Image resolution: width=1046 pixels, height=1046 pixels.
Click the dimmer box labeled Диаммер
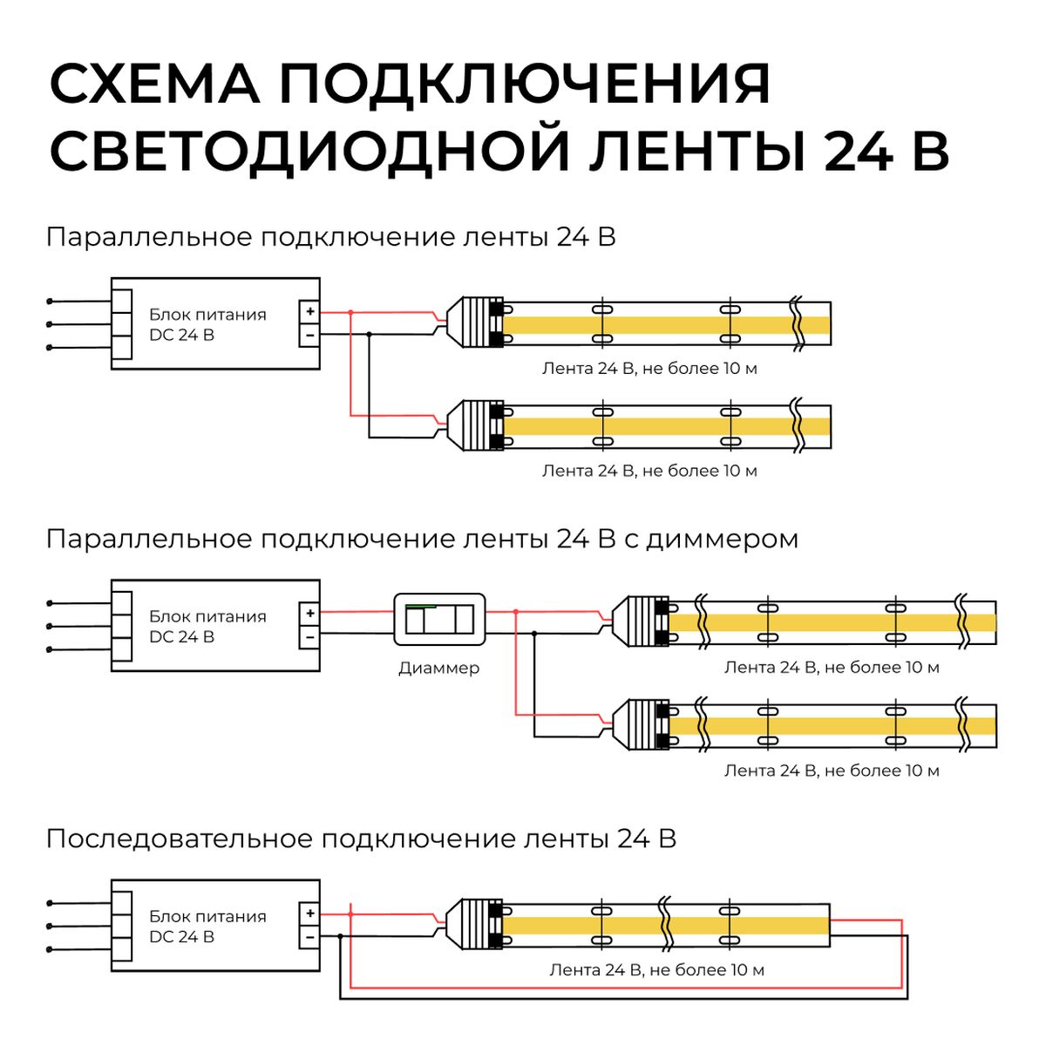(x=439, y=620)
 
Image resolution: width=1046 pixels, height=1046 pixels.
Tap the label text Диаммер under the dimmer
(x=439, y=669)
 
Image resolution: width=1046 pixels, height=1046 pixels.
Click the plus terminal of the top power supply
(x=309, y=311)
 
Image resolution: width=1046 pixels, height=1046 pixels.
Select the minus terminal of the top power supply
(x=309, y=334)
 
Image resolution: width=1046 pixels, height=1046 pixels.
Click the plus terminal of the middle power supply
(x=309, y=613)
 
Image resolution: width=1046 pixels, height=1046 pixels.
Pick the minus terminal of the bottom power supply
(x=309, y=936)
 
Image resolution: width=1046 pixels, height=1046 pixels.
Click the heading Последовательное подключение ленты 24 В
(x=361, y=839)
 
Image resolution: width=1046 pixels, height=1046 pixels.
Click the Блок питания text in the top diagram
(x=207, y=315)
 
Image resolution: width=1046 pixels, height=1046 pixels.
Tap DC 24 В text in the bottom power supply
(x=181, y=937)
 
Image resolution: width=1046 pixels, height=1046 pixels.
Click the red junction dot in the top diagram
(x=350, y=311)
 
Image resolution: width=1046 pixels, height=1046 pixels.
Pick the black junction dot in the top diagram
(x=369, y=334)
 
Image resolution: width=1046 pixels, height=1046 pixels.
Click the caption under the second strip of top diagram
(x=649, y=471)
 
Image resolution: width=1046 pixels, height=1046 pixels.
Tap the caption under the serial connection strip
(x=656, y=970)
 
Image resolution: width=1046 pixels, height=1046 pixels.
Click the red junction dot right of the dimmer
(x=516, y=612)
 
